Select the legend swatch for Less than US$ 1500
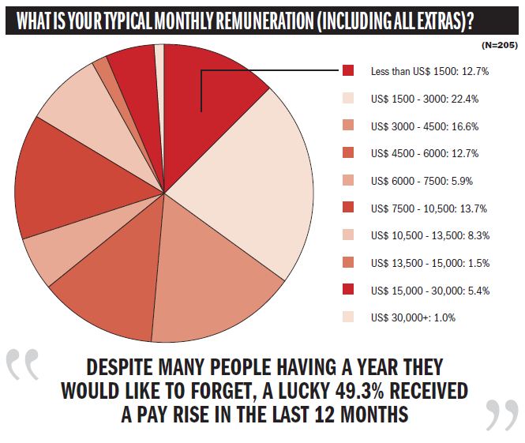click(x=348, y=71)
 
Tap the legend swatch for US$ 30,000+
click(x=348, y=317)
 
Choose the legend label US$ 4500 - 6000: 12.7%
click(x=425, y=153)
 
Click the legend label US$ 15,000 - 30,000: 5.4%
click(x=430, y=290)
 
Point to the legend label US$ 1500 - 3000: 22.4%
click(x=425, y=99)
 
